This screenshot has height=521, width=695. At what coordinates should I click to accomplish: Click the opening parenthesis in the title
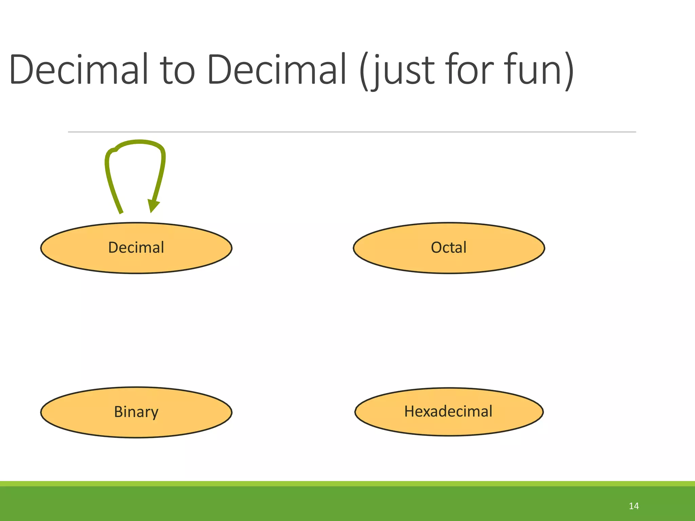coord(364,71)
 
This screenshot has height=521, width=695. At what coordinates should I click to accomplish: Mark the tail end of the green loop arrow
coord(121,212)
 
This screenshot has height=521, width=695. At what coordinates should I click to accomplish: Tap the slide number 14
coord(634,506)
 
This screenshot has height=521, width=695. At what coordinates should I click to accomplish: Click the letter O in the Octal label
coord(436,248)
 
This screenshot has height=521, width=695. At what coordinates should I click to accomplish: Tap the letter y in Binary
coord(154,413)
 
